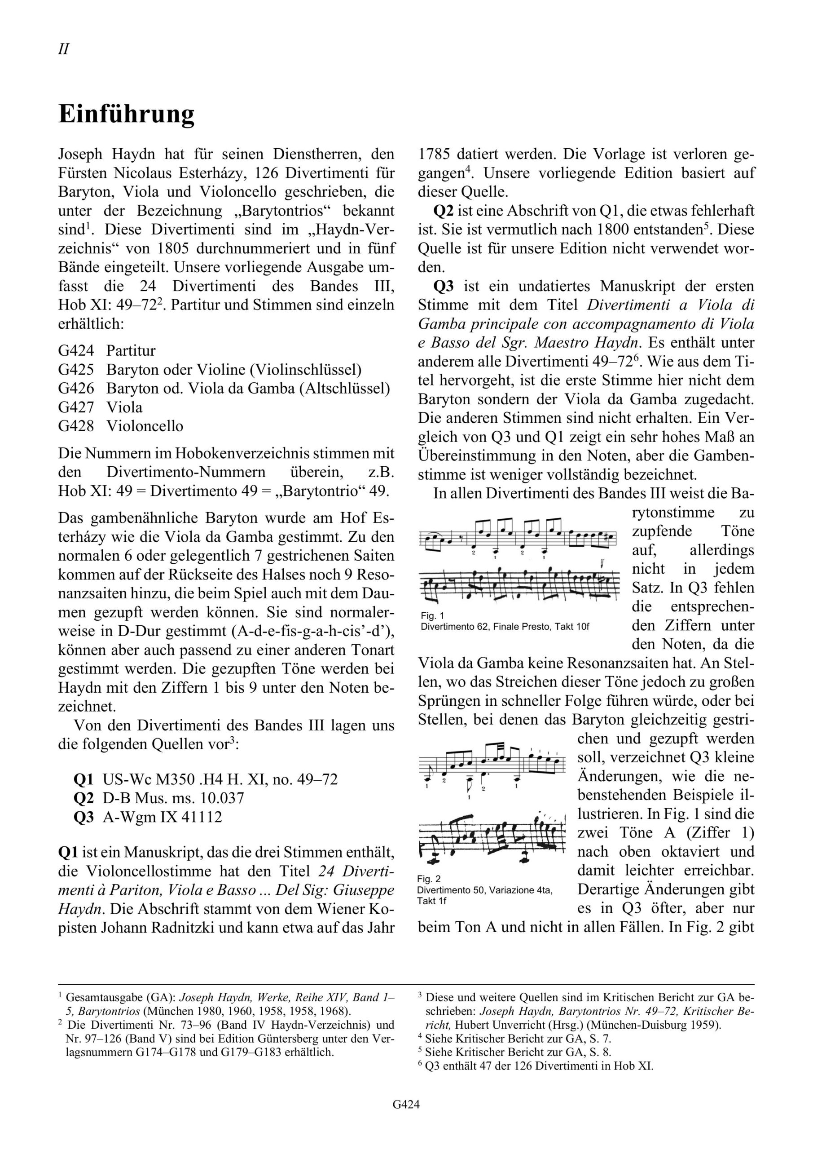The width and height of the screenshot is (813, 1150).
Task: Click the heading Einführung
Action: click(126, 114)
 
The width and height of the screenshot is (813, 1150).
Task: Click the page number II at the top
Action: click(64, 49)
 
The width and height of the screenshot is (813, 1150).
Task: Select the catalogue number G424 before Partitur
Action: click(75, 350)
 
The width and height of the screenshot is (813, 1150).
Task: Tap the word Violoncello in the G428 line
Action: click(145, 426)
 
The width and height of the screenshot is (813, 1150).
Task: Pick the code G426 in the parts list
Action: click(75, 388)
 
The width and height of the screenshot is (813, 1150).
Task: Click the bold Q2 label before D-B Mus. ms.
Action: click(83, 798)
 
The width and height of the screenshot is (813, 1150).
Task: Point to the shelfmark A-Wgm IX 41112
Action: click(162, 817)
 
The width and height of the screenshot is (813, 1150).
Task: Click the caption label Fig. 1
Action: click(432, 615)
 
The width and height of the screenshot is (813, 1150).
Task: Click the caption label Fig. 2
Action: click(429, 879)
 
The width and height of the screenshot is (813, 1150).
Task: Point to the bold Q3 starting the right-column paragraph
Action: click(444, 287)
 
